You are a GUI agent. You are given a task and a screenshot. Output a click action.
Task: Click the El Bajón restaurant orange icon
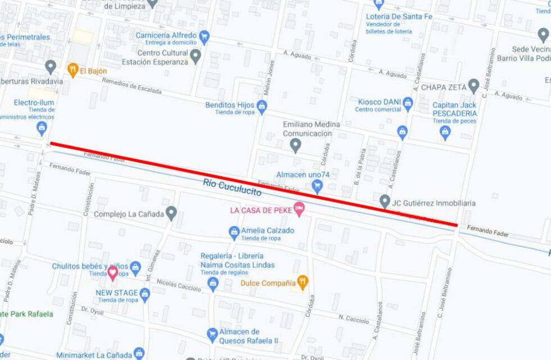click(x=73, y=70)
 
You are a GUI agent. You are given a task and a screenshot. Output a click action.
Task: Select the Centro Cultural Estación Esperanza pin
click(x=195, y=56)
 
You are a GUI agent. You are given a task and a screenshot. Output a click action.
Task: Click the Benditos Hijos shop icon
click(x=261, y=106)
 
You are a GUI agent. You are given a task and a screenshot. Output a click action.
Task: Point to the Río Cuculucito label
click(x=233, y=188)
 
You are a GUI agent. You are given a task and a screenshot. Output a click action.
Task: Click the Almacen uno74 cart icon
click(x=317, y=186)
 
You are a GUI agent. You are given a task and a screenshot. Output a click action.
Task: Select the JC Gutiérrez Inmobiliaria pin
click(x=385, y=201)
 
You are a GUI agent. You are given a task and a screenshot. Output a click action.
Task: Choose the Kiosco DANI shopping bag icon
click(x=408, y=103)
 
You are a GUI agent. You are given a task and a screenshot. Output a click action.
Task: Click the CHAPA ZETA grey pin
click(x=473, y=86)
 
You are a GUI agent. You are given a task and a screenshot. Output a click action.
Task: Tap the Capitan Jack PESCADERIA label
click(x=454, y=109)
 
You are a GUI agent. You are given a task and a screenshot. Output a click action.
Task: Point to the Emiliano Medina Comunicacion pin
click(x=296, y=146)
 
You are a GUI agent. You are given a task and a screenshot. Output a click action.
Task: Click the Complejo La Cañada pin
click(x=171, y=214)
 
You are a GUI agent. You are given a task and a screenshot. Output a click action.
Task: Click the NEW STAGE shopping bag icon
click(x=145, y=294)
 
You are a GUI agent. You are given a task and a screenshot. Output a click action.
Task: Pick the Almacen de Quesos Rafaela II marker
click(x=212, y=335)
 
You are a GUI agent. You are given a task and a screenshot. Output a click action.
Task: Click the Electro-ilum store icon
click(x=42, y=129)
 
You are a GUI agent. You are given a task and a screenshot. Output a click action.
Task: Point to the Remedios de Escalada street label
click(x=132, y=86)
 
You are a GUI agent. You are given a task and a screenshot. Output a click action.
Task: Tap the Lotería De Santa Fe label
click(x=399, y=16)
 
